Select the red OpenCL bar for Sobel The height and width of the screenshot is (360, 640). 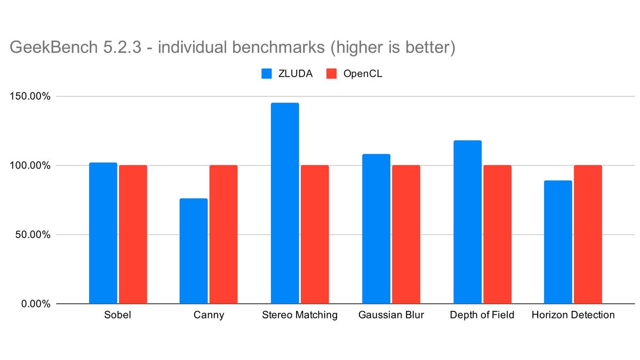[133, 235]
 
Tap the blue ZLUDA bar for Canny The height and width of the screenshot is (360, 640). [194, 251]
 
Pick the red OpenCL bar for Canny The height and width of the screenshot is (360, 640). [223, 235]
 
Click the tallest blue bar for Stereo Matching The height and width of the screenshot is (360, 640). [285, 203]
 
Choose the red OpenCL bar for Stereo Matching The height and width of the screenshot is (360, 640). [315, 235]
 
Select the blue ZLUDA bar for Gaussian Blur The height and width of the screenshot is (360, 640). [376, 229]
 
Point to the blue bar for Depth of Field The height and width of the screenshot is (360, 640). [467, 222]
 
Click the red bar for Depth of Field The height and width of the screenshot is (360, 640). [497, 235]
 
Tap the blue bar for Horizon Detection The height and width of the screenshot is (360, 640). [558, 242]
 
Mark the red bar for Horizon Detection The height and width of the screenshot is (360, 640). [588, 235]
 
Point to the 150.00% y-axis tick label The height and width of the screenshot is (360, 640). [30, 97]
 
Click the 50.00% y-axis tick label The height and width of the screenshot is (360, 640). [33, 235]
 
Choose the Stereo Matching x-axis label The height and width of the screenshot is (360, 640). [300, 315]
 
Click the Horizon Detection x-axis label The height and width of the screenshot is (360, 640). [573, 315]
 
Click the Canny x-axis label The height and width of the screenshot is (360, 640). [209, 315]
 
